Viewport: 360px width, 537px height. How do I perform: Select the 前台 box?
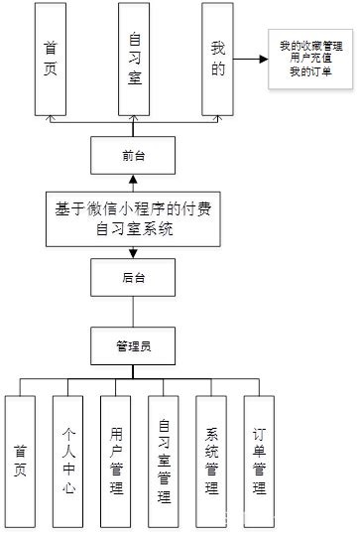[134, 155]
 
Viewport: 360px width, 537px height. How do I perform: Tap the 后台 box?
[134, 279]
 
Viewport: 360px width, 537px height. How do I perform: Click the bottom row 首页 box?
[21, 463]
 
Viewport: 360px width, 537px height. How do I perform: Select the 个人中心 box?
[68, 463]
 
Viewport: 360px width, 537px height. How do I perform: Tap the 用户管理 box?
[116, 463]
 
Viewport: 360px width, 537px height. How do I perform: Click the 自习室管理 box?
[164, 463]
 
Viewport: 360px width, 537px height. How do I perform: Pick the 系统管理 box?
[211, 463]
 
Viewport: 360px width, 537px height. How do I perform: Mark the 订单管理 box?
[259, 463]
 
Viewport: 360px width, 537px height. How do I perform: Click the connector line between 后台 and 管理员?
[134, 313]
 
